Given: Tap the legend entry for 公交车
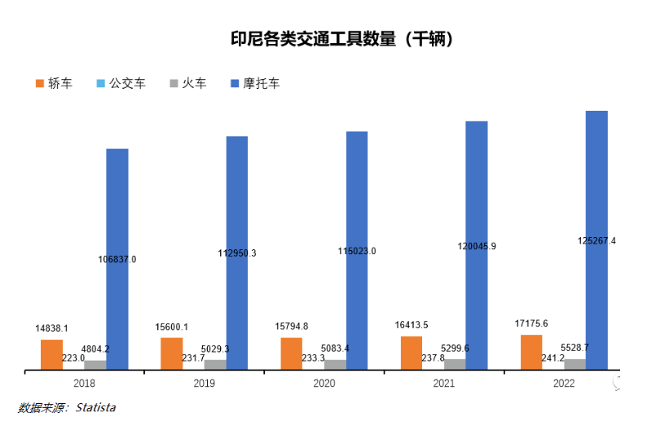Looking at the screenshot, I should point(121,83).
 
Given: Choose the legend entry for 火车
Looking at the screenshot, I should point(187,83).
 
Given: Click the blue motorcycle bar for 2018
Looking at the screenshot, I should point(117,204).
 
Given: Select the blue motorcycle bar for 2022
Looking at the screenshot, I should point(597,179).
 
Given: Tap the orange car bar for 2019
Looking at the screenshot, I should point(172,354).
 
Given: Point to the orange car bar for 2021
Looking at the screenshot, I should point(412,353).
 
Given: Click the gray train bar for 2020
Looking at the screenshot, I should point(335,365).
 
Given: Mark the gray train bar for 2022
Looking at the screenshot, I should point(575,364).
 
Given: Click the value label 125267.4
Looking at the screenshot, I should point(596,241).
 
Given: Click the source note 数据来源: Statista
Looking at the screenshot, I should point(67,407).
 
